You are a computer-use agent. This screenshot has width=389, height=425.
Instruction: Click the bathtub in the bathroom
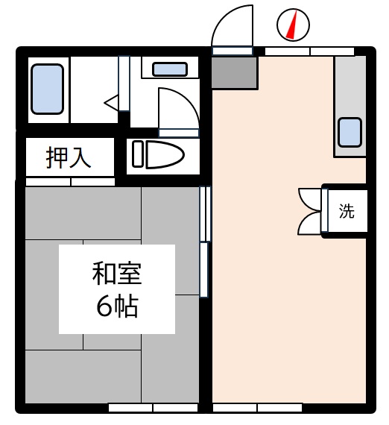(x=48, y=89)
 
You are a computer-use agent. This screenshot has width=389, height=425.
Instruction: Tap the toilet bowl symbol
(x=165, y=154)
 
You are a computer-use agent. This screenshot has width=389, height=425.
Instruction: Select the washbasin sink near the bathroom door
(x=170, y=69)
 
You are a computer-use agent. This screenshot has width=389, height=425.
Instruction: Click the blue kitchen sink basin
(x=350, y=132)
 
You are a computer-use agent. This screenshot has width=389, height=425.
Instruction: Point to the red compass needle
(x=292, y=25)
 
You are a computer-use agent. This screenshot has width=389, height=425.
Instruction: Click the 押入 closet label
(x=69, y=157)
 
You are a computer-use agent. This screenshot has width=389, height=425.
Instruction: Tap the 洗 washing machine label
(x=347, y=211)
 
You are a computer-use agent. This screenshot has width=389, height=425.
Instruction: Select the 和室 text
(x=117, y=274)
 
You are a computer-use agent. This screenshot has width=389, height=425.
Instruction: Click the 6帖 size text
(x=118, y=306)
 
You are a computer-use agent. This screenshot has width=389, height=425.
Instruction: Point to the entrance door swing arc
(x=225, y=18)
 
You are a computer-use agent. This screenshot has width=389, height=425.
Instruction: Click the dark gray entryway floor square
(x=234, y=72)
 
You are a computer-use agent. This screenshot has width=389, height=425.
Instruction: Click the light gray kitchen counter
(x=350, y=106)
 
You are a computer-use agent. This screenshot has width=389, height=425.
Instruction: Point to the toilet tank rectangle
(x=137, y=154)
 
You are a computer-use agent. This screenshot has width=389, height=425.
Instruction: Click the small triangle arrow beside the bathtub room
(x=111, y=103)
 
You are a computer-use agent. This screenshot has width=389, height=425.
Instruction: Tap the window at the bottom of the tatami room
(x=153, y=408)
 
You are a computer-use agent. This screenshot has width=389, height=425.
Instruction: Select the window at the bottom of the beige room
(x=257, y=408)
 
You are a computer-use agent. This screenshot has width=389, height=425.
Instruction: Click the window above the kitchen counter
(x=309, y=51)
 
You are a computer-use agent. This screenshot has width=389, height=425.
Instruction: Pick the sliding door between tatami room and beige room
(x=205, y=242)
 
